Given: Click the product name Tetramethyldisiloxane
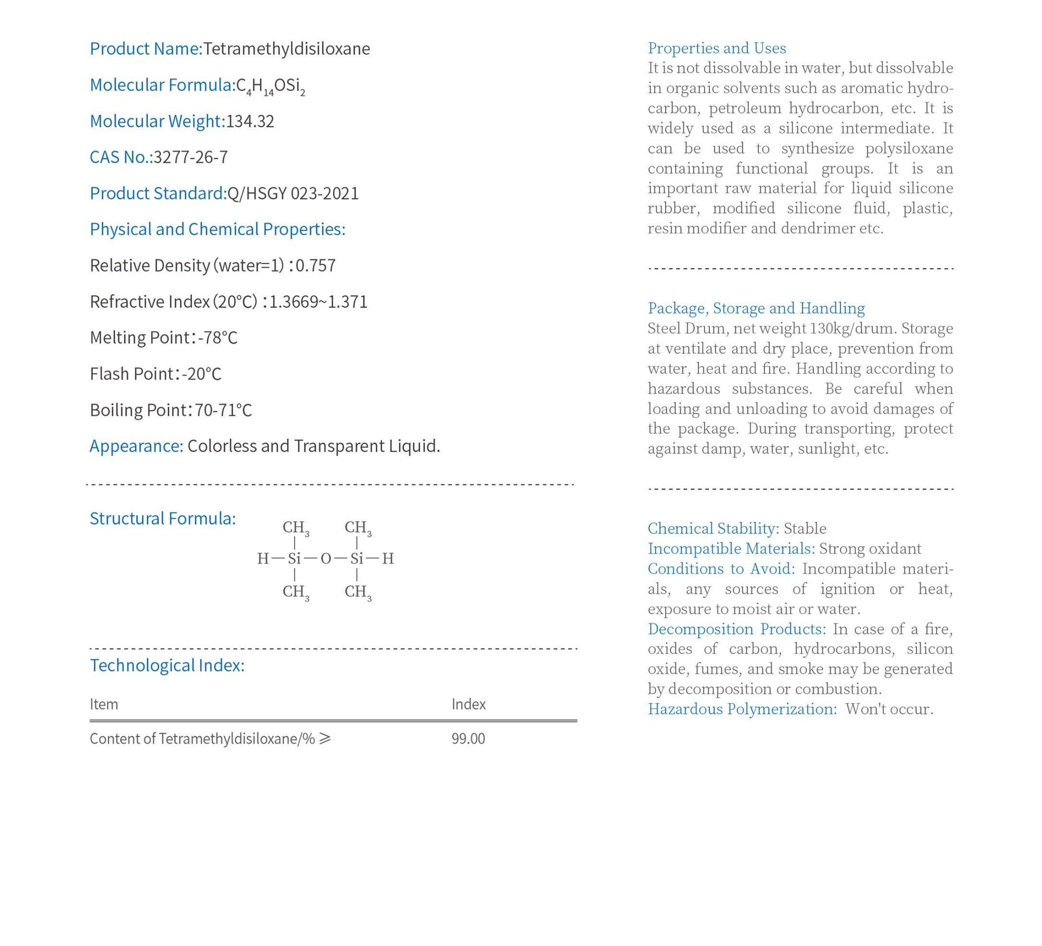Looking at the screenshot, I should [x=287, y=49].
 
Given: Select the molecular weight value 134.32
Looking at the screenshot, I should [x=250, y=121].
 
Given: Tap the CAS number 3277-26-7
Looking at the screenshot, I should [x=191, y=157].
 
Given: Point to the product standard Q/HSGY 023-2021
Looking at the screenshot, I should [x=293, y=194].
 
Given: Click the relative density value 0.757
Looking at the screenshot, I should [x=315, y=266].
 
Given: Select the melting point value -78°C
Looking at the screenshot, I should [x=217, y=338].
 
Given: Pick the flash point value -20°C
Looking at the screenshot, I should [x=201, y=374].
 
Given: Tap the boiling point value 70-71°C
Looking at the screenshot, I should [x=223, y=410].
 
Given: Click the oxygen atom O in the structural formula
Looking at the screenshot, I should [x=325, y=558].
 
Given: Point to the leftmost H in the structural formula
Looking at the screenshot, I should [x=263, y=558].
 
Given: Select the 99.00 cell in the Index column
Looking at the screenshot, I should [x=468, y=739].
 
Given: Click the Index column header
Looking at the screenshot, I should [x=468, y=705].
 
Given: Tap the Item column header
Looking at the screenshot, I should [x=104, y=705].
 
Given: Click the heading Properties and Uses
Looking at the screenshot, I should [x=717, y=48].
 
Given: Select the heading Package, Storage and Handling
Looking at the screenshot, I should [x=755, y=308].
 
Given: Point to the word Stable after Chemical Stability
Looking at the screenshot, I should [x=805, y=529].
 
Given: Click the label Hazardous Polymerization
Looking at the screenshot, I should [x=742, y=709].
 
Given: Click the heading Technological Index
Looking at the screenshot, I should [x=167, y=665].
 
